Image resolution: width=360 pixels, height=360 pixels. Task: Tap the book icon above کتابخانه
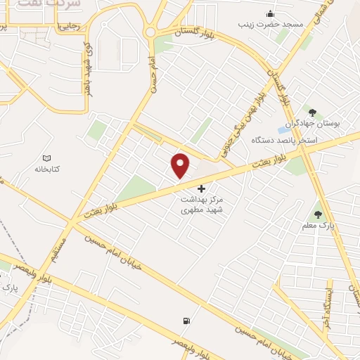click(47, 158)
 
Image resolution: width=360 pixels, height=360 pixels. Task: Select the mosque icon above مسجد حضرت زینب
click(271, 13)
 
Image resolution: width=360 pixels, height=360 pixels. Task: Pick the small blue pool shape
click(283, 130)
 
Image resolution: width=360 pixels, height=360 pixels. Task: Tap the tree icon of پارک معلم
click(318, 214)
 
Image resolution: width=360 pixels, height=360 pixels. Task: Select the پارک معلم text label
click(322, 225)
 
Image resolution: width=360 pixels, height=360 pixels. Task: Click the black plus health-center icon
click(202, 188)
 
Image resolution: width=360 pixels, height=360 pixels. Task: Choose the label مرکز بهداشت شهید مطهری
click(202, 205)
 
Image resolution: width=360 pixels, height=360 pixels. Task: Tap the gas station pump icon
click(186, 321)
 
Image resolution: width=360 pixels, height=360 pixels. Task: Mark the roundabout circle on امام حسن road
click(151, 32)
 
